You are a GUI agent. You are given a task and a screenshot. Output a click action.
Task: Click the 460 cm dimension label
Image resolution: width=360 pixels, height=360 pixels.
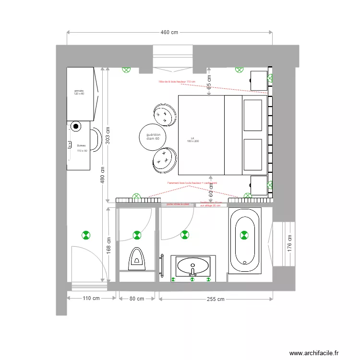click(x=169, y=32)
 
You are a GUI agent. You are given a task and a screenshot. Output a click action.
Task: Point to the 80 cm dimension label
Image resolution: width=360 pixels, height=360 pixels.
click(x=137, y=299)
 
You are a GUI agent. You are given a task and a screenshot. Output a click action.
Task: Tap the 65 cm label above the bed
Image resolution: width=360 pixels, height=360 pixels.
click(x=209, y=82)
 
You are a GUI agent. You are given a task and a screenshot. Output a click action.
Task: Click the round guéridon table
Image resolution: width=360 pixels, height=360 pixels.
click(x=153, y=136)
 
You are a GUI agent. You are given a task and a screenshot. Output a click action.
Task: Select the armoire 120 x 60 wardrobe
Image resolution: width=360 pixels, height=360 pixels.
click(x=79, y=94)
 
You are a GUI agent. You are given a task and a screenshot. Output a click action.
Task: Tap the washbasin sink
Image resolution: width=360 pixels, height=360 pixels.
click(x=193, y=266)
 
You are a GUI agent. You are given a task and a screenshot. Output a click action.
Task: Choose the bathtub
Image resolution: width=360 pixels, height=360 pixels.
click(x=244, y=240)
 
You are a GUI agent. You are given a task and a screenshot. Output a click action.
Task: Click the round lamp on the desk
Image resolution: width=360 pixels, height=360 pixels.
click(x=76, y=127)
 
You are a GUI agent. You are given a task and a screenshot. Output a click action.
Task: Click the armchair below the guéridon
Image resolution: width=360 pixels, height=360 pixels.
click(x=165, y=159)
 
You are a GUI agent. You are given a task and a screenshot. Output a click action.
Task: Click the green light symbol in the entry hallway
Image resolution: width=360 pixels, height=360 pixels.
click(x=85, y=235)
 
